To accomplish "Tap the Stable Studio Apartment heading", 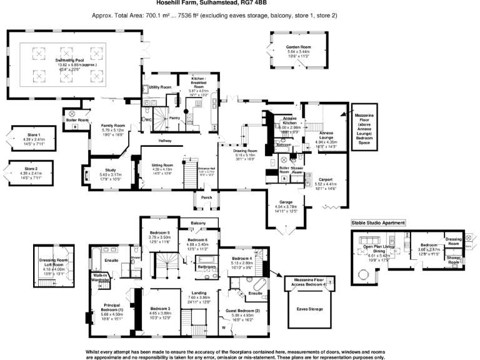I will pos(377,222).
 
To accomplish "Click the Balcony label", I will pos(198,222).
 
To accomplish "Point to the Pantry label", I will pos(175,117).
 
